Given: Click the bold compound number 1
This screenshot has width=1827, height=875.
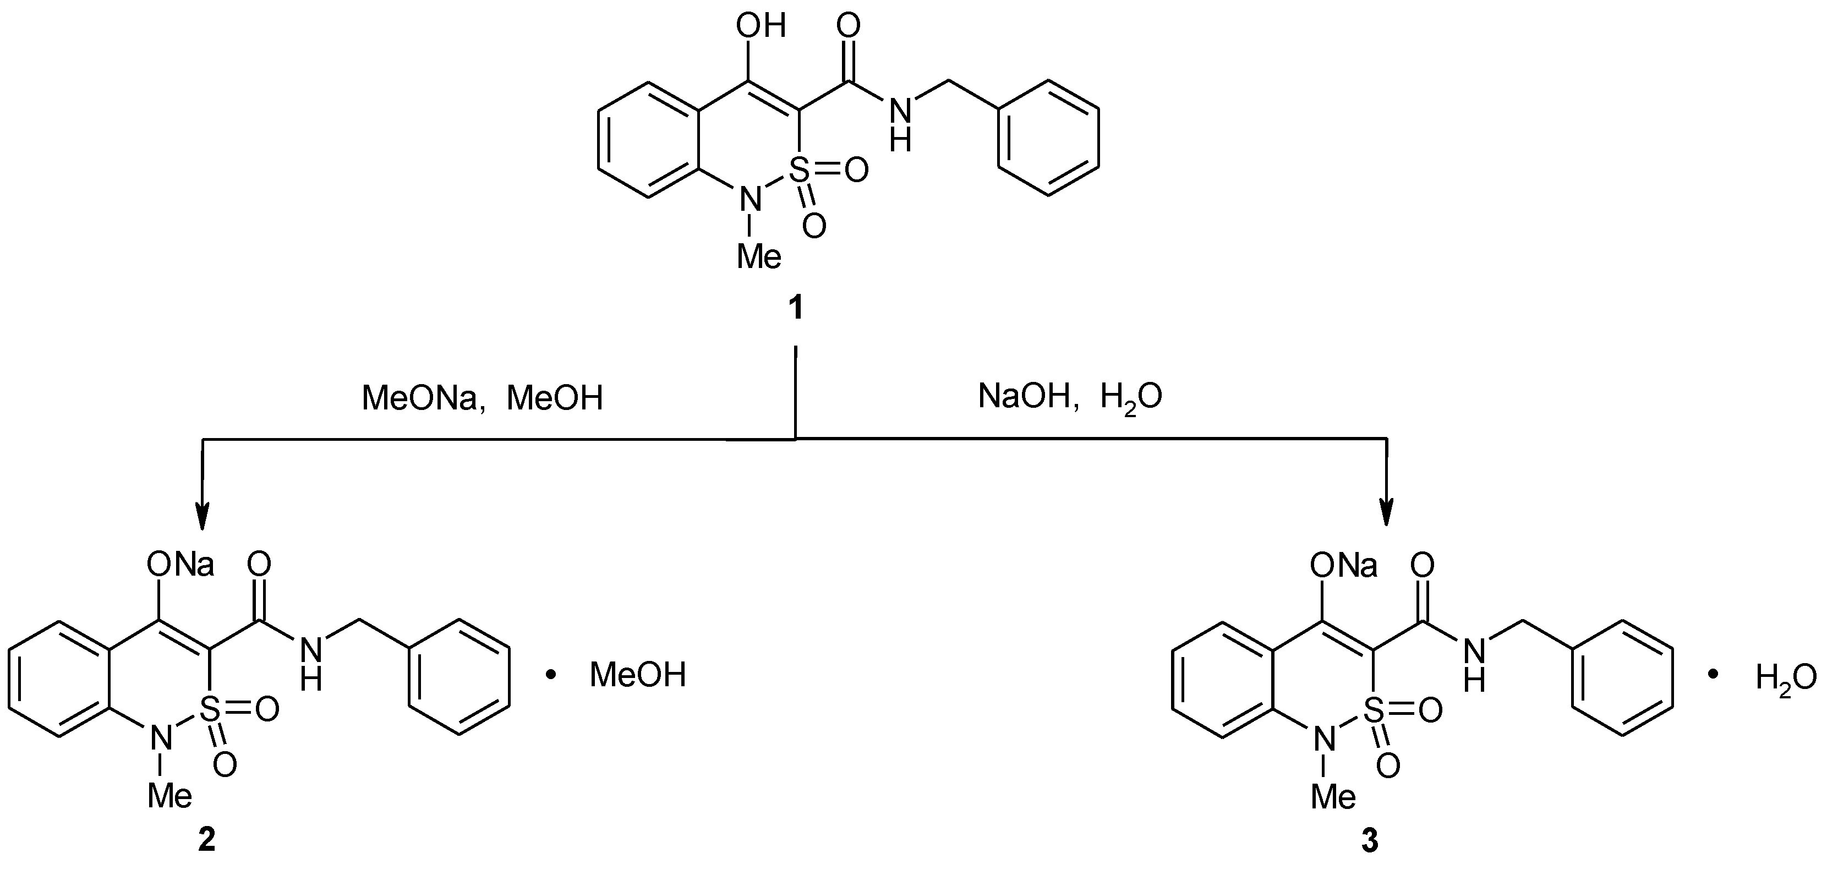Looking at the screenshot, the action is (796, 308).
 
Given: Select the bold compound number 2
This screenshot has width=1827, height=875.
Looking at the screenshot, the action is (206, 840).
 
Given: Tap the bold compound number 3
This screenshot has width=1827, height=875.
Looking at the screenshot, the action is (1370, 841).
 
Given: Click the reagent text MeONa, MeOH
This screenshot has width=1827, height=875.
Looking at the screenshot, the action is (482, 398).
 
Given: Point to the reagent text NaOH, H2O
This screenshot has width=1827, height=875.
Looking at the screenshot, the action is (1070, 397).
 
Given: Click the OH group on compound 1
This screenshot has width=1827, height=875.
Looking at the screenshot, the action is (761, 27).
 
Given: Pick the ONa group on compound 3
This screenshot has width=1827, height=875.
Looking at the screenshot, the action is (1344, 566).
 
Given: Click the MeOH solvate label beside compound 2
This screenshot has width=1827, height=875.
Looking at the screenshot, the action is (638, 675).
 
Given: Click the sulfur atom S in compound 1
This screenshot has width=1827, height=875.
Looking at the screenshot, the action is (799, 169).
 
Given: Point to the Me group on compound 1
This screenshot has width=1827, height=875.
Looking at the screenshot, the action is (759, 256).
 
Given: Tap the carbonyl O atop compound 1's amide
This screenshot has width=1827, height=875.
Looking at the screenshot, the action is (848, 26).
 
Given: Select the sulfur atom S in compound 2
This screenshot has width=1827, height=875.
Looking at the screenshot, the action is (211, 708).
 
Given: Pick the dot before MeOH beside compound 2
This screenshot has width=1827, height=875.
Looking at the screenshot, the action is (550, 675).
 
